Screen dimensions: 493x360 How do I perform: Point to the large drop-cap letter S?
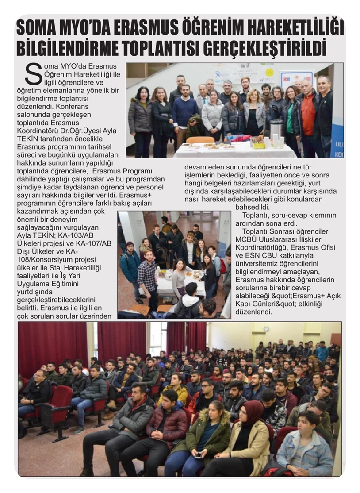click(33, 74)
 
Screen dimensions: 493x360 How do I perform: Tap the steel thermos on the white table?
click(276, 131)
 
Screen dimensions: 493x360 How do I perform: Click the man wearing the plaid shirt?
click(148, 277)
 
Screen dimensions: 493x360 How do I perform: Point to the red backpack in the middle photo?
click(222, 265)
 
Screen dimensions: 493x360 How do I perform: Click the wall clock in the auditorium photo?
click(266, 329)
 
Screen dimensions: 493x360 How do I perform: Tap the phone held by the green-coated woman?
click(198, 454)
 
